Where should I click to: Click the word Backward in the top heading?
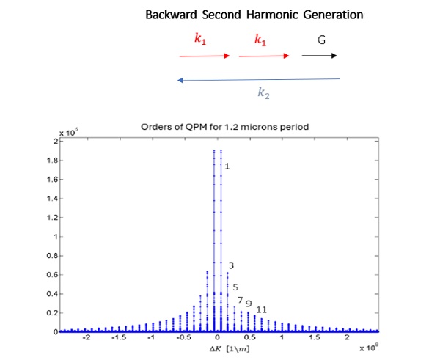pyautogui.click(x=169, y=15)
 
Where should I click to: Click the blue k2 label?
pyautogui.click(x=263, y=94)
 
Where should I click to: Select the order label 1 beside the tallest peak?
pyautogui.click(x=227, y=166)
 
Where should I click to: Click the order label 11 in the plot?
pyautogui.click(x=261, y=309)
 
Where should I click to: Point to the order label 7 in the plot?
pyautogui.click(x=240, y=301)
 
